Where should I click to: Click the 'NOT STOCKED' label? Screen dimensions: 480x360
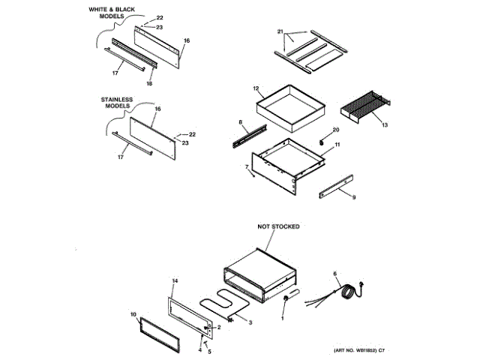coord(278,226)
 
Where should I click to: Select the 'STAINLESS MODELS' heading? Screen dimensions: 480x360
coord(116,102)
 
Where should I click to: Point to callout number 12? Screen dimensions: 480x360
coord(255,88)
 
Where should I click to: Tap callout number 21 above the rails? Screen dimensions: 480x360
coord(280,32)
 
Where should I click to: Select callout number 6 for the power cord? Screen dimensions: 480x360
coord(334,274)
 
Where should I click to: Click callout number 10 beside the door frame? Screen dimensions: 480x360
coord(133,314)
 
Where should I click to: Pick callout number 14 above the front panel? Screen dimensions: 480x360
coord(174,280)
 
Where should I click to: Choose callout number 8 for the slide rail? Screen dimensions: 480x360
coord(240,121)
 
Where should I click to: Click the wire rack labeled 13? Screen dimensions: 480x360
coord(364,107)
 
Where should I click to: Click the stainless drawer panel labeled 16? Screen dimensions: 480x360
coord(154,138)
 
